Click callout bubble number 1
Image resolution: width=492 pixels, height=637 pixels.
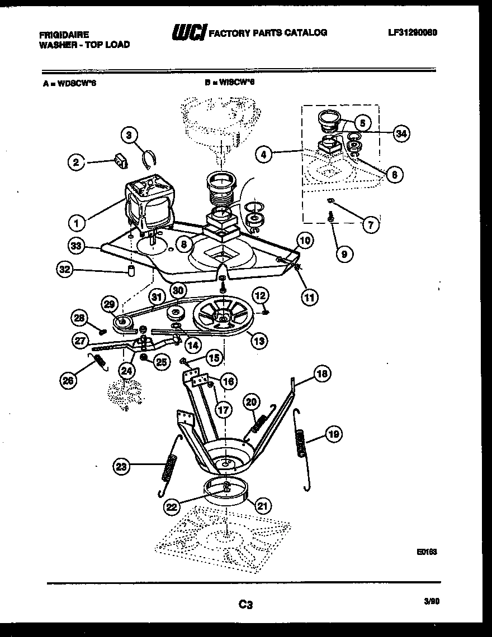coord(77,223)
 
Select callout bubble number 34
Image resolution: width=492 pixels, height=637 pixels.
coord(400,133)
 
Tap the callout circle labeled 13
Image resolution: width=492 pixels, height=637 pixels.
coord(259,339)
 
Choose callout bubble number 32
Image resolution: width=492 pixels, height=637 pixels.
coord(66,270)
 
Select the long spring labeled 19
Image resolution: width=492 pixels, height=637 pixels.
coord(301,449)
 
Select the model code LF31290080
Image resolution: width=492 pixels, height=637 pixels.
coord(412,32)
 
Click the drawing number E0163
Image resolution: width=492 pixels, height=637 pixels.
coord(426,552)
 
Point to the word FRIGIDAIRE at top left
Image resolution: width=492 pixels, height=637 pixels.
coord(64,34)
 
